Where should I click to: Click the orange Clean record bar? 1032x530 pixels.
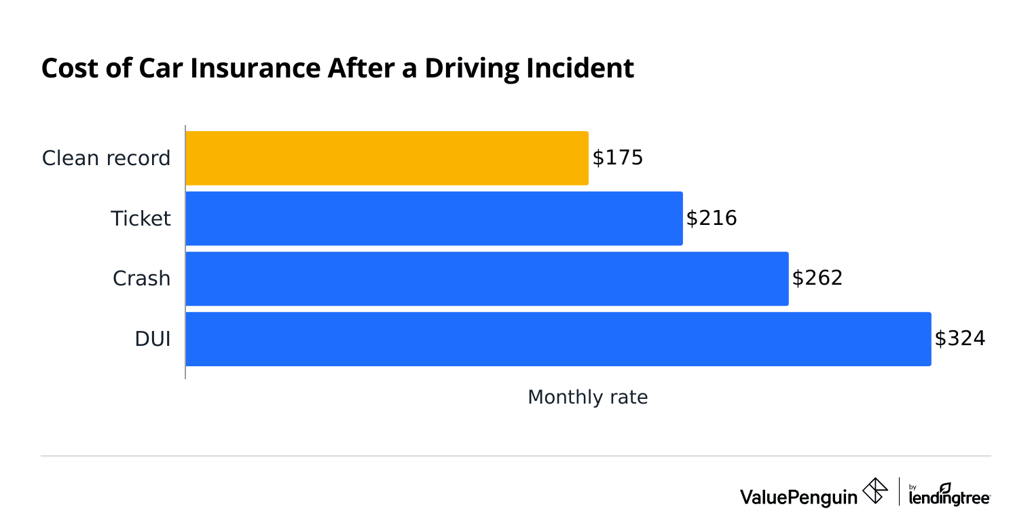point(386,158)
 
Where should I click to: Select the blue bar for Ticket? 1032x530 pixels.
point(434,219)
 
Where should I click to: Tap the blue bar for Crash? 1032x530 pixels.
point(487,279)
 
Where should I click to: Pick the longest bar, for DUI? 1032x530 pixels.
point(558,339)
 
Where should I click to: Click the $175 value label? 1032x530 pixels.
point(617,158)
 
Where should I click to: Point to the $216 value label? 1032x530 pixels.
point(711,219)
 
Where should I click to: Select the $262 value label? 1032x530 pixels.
point(817,279)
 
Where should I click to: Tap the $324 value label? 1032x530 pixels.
point(959,339)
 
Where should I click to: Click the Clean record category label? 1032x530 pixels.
point(106,158)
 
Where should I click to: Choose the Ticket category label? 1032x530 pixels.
point(141,219)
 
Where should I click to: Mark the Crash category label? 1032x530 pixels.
point(141,279)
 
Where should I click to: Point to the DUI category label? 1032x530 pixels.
point(153,339)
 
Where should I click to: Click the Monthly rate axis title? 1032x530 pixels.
point(587,397)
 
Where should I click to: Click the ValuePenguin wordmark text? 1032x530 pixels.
point(798,497)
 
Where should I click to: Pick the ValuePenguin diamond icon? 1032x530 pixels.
point(874,491)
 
